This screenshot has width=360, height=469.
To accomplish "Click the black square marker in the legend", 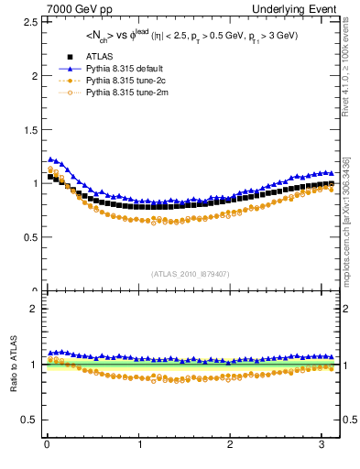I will [65, 57].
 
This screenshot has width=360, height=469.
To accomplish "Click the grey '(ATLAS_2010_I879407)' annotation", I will [189, 273].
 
